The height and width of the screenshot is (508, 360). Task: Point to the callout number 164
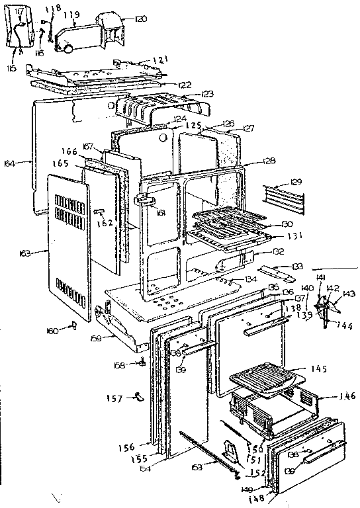[26, 160]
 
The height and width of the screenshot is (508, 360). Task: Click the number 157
[114, 398]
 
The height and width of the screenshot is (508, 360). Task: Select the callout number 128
[267, 161]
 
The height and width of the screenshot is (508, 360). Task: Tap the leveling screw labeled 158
[142, 362]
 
